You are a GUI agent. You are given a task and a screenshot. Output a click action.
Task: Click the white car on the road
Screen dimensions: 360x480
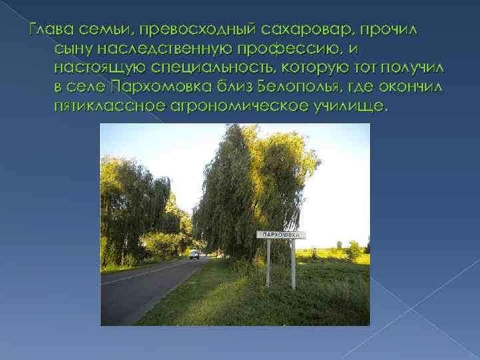tap(194, 254)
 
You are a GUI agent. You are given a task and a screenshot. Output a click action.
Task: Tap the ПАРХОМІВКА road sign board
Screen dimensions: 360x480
tap(281, 235)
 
